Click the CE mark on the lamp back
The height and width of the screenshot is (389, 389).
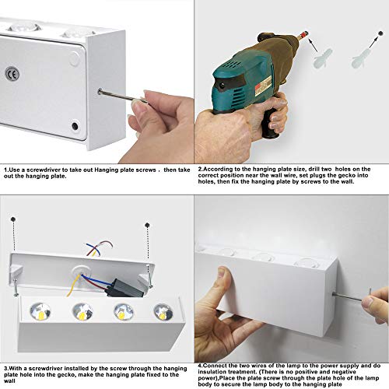coord(12,74)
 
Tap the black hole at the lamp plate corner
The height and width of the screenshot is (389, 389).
coord(75,126)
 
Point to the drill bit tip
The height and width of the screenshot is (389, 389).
coord(307,33)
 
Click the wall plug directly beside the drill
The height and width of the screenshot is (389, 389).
coord(322,58)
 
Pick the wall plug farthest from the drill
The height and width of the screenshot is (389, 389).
coord(361,59)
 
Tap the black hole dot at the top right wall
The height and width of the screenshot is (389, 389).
coord(381,33)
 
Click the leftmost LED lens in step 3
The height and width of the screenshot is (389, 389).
coord(40,312)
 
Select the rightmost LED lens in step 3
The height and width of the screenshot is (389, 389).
coord(163,312)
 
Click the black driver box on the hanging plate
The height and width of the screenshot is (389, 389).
coord(125,289)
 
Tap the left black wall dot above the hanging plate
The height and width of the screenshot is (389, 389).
coord(13,219)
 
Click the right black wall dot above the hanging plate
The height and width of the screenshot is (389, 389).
coord(147,225)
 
